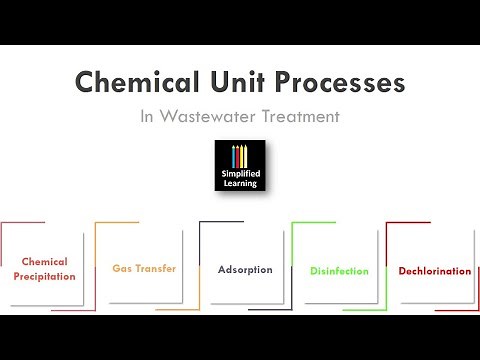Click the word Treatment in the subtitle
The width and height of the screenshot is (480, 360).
[300, 117]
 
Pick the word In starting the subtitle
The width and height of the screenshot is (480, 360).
[148, 117]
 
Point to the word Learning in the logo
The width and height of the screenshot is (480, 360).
[240, 184]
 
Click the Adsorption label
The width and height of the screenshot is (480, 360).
[245, 270]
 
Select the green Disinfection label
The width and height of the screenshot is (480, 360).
[339, 271]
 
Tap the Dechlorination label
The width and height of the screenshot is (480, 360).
[434, 271]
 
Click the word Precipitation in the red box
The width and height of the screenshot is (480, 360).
[44, 276]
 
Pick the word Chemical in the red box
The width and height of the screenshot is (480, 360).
[44, 263]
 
